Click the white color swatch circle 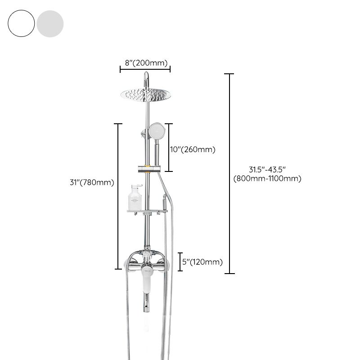point(21,24)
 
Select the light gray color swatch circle point(50,24)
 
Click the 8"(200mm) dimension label point(146,63)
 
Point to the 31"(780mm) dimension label point(92,182)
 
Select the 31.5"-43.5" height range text point(267,169)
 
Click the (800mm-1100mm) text point(267,179)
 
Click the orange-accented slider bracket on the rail point(147,170)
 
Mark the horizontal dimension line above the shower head point(145,69)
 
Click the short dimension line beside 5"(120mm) point(180,261)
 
